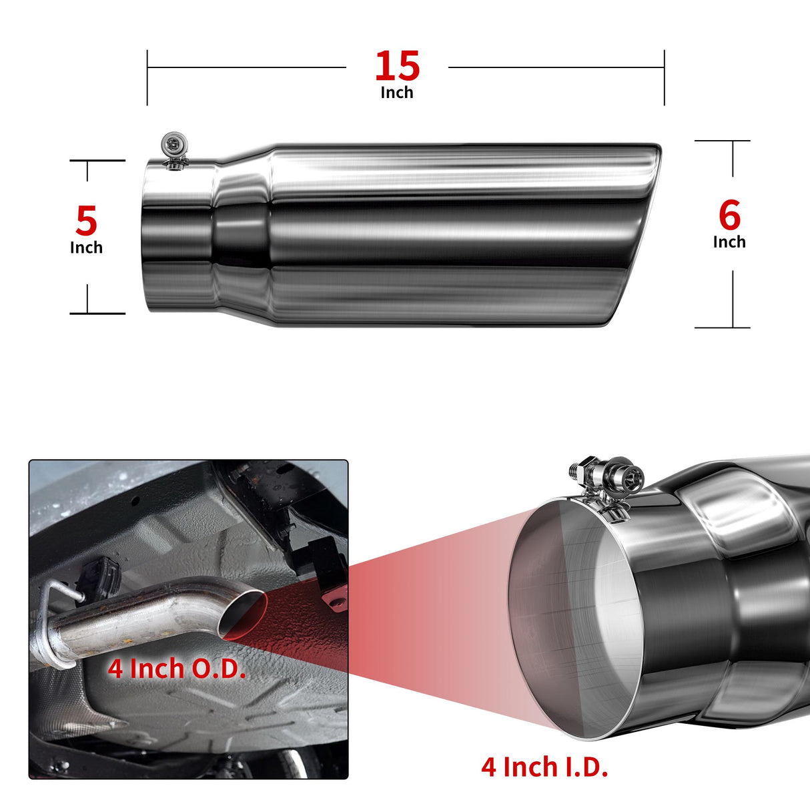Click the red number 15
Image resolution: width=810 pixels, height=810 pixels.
(397, 65)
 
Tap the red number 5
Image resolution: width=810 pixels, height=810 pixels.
(86, 220)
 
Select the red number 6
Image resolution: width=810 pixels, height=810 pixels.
(729, 216)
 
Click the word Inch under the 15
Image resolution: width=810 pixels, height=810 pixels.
(397, 93)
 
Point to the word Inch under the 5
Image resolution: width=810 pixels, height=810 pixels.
(86, 248)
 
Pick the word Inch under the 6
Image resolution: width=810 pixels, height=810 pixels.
(729, 242)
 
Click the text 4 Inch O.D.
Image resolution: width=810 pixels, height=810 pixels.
(177, 669)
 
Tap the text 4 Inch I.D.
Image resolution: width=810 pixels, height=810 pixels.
(544, 767)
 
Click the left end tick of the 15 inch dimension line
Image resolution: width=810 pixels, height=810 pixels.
(147, 78)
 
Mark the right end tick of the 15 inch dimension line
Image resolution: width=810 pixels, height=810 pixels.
(664, 78)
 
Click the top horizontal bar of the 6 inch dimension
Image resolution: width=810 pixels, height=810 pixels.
(722, 141)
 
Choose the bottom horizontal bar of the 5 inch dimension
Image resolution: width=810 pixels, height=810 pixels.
(97, 314)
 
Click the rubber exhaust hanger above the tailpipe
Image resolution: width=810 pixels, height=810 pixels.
(99, 575)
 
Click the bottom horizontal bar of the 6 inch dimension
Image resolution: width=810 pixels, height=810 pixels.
(722, 328)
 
